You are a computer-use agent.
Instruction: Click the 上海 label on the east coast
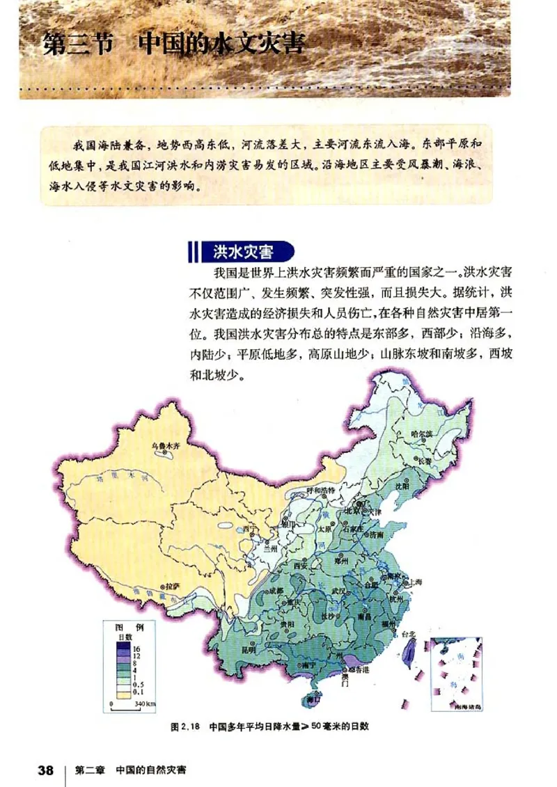[x=416, y=581]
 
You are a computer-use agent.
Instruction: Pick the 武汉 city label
[x=339, y=591]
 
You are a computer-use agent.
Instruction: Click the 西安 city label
[x=301, y=566]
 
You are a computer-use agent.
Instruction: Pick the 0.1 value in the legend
[x=139, y=692]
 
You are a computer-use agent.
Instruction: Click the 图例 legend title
[x=130, y=627]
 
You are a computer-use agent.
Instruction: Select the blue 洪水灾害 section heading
[x=242, y=250]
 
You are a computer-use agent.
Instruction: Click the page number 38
[x=46, y=770]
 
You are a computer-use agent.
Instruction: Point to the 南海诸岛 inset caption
[x=466, y=706]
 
